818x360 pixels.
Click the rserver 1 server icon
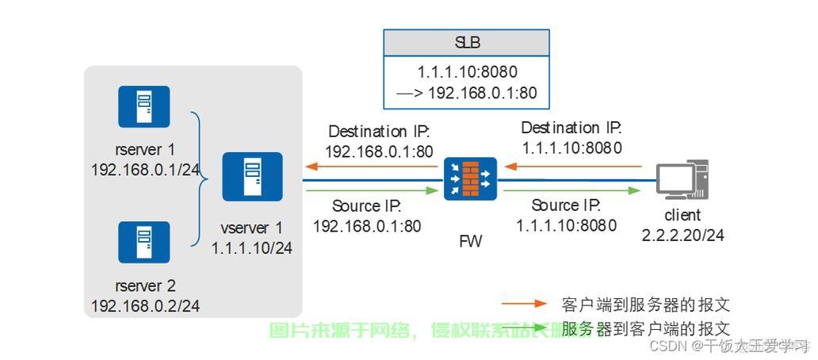pos(143,106)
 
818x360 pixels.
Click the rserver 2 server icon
pos(143,242)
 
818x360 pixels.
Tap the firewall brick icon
pos(470,178)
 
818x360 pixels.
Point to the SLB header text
pos(467,43)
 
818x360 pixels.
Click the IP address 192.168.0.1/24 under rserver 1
pos(145,169)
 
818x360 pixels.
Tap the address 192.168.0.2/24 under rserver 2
pos(145,305)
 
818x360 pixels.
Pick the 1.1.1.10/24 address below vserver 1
pos(252,248)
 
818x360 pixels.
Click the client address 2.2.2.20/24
pos(682,235)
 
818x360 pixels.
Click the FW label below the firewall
pos(470,242)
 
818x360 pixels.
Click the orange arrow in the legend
pos(524,304)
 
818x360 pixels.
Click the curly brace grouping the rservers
pos(198,178)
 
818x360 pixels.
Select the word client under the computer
pos(682,215)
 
